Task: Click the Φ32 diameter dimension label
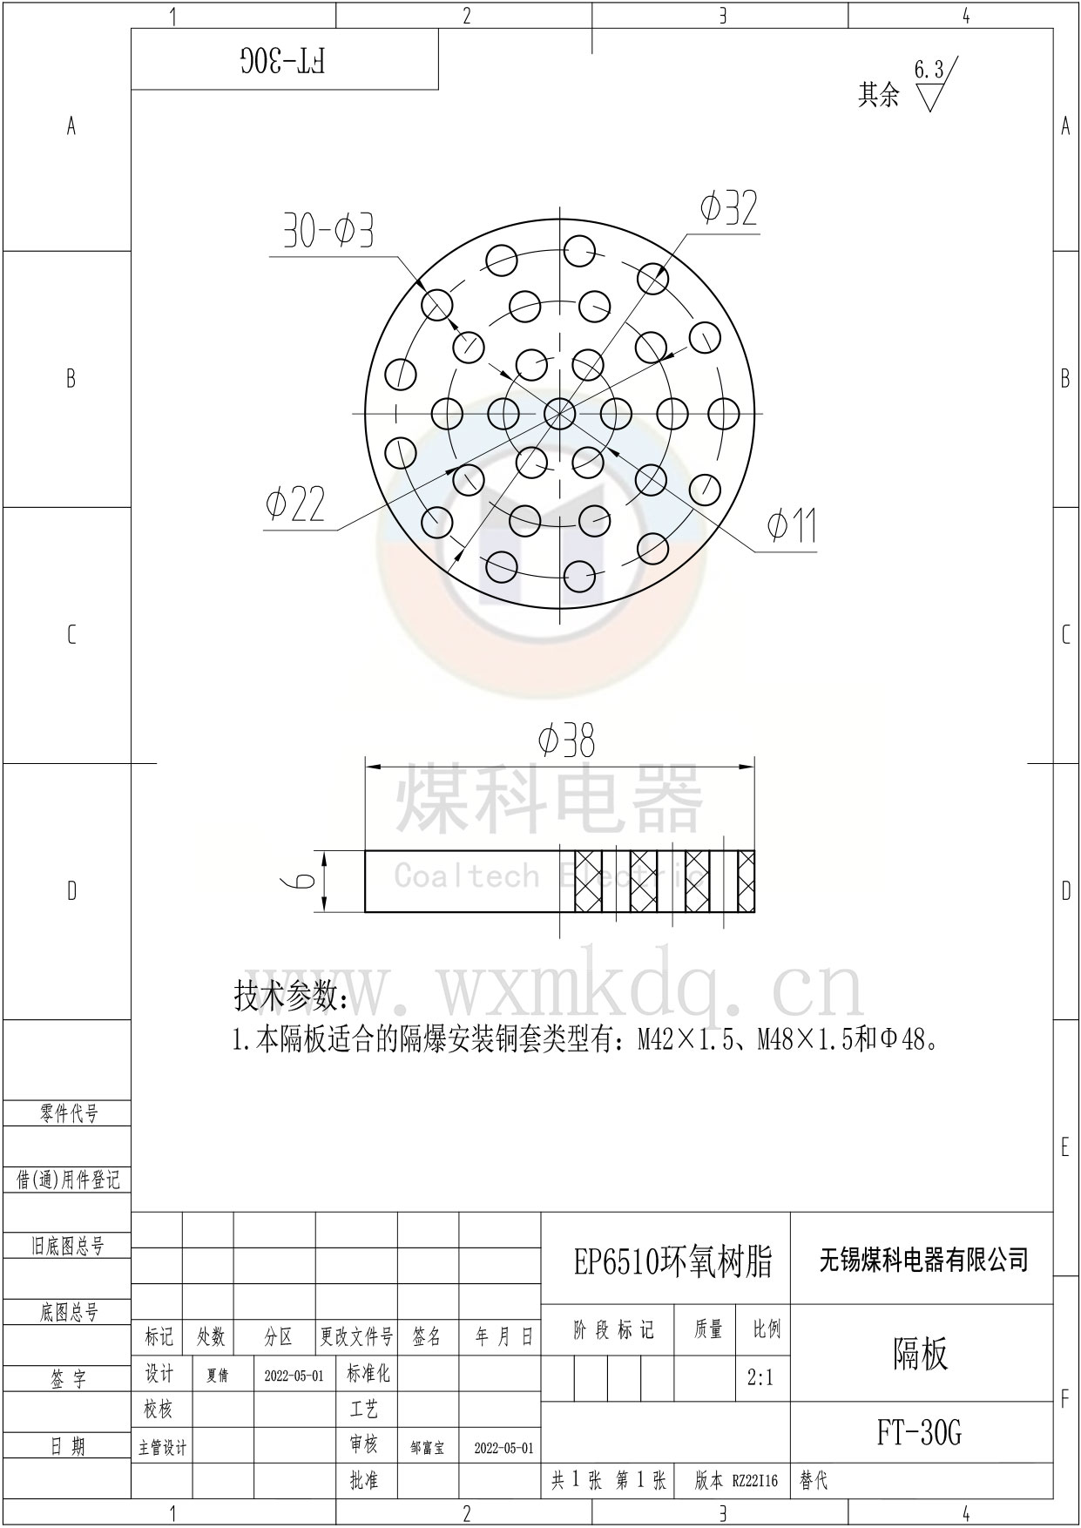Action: point(729,209)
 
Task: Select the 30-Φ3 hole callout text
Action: point(328,232)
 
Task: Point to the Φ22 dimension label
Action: point(295,504)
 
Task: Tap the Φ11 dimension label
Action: point(791,525)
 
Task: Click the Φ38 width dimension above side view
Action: point(566,742)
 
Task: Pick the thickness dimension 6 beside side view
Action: point(302,881)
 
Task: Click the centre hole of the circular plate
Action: point(559,412)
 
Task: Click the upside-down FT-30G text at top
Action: point(283,60)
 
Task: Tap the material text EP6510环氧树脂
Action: point(672,1261)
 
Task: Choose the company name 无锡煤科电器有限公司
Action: point(923,1260)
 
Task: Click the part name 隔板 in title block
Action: point(920,1354)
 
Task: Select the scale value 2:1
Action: point(760,1378)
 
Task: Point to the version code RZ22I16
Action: point(754,1480)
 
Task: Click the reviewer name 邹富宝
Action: point(427,1448)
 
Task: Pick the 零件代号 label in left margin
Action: point(69,1113)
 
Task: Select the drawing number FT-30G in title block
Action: point(919,1432)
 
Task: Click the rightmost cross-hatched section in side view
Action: point(746,881)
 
